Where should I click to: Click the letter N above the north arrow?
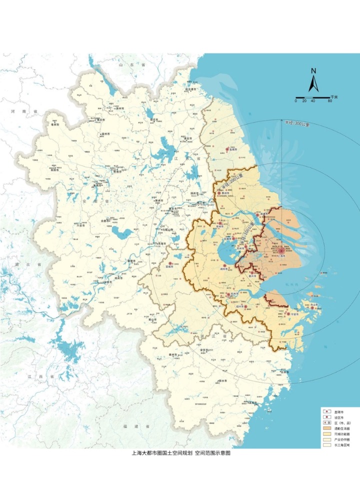click(x=313, y=71)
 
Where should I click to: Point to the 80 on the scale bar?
click(x=330, y=101)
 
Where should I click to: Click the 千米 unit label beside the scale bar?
click(x=337, y=97)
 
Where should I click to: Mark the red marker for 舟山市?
click(x=312, y=308)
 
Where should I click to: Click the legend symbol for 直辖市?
click(x=327, y=411)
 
